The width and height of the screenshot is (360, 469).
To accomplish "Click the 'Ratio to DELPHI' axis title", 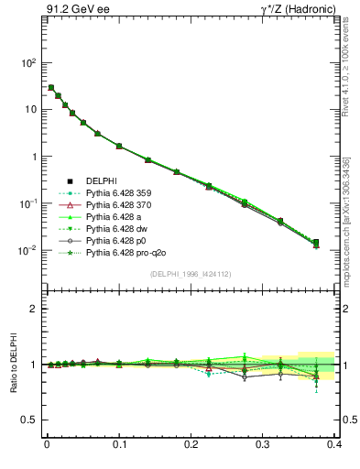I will (15, 364).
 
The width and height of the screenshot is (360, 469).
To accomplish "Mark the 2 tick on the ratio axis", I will (34, 309).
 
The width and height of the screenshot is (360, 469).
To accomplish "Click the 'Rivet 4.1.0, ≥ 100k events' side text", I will (351, 72).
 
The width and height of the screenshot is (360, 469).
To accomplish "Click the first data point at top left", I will (50, 88).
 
